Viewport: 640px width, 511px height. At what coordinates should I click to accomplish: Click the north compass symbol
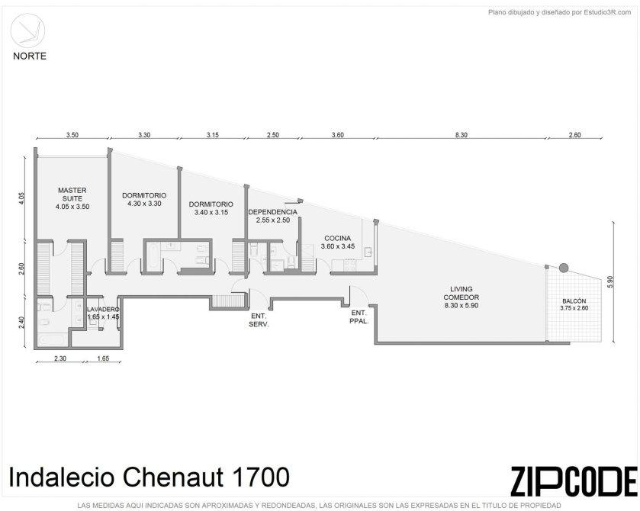click(27, 31)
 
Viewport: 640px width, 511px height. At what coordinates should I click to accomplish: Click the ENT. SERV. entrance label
click(259, 320)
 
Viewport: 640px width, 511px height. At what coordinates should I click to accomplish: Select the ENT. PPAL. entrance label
click(359, 317)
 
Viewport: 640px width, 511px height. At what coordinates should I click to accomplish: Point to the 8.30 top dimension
click(462, 135)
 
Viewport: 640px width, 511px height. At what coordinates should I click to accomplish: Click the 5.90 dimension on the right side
click(610, 282)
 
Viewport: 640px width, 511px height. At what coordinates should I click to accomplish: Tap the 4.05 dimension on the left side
click(22, 199)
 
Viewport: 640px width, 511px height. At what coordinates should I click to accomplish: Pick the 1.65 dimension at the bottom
click(103, 358)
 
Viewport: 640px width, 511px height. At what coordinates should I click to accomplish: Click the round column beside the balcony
click(564, 268)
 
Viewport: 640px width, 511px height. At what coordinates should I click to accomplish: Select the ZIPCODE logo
click(574, 481)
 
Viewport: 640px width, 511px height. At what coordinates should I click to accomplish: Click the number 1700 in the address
click(261, 477)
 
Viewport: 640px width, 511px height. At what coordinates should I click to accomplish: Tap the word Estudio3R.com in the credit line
click(607, 12)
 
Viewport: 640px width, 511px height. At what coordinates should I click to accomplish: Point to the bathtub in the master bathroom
click(53, 339)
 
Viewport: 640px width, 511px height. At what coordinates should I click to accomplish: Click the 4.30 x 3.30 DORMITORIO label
click(144, 199)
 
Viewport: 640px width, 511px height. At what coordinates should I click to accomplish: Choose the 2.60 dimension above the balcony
click(574, 135)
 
